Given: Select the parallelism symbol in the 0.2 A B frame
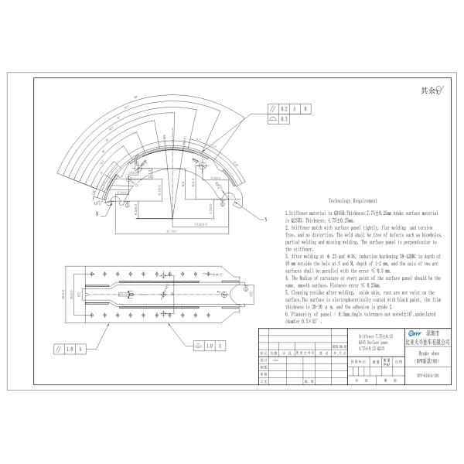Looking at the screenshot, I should (272, 109).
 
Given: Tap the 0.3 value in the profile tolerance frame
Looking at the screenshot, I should (285, 120).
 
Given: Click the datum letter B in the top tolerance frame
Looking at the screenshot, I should (305, 109).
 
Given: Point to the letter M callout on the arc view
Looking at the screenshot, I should (97, 210).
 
